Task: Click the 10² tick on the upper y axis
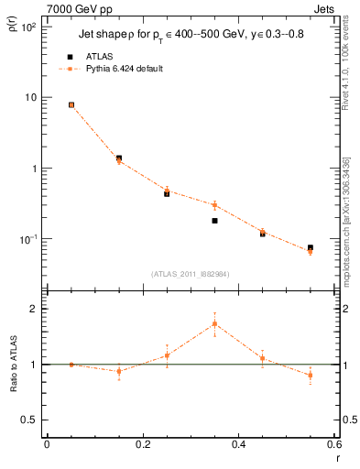coord(28,27)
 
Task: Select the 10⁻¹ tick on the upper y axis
coord(27,239)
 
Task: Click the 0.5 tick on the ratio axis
coord(29,420)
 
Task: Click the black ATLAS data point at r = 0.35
coord(214,221)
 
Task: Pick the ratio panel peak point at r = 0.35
coord(214,323)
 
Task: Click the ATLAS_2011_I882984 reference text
coord(191,274)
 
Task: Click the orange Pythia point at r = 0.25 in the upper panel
coord(167,191)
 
